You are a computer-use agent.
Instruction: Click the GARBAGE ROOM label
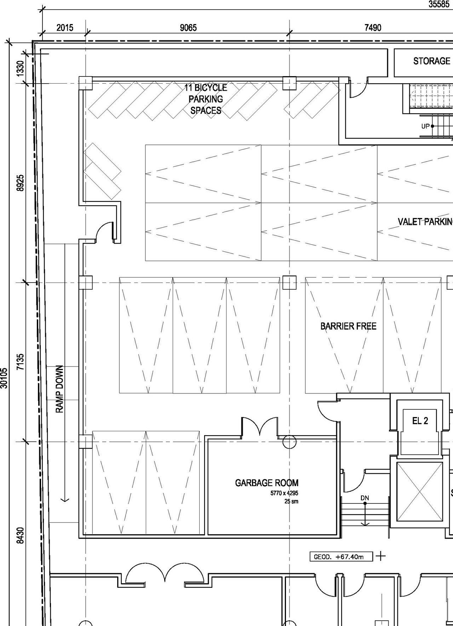pos(266,483)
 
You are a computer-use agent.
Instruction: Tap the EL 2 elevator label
pos(420,421)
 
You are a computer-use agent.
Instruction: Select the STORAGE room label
pos(432,61)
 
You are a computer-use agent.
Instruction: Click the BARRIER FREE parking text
pos(348,326)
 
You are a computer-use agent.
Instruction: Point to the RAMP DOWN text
pos(59,389)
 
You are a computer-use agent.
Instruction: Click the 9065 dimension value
pos(188,28)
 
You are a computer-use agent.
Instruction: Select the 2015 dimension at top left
pos(65,28)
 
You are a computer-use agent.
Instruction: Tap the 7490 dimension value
pos(373,28)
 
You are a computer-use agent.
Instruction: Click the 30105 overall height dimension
pos(4,378)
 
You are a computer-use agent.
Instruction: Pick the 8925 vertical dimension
pos(21,183)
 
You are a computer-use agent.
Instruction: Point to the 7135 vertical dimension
pos(21,362)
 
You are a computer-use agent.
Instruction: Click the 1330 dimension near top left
pos(21,68)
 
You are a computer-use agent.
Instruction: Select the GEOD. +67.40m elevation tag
pos(341,557)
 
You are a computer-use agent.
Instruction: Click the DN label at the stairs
pos(365,498)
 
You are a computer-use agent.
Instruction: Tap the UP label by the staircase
pos(425,126)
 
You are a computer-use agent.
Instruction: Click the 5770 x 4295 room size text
pos(285,493)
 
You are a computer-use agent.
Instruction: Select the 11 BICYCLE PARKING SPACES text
pos(206,99)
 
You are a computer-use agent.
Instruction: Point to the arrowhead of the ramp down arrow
pos(65,500)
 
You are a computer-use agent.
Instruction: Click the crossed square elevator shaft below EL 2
pos(420,491)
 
